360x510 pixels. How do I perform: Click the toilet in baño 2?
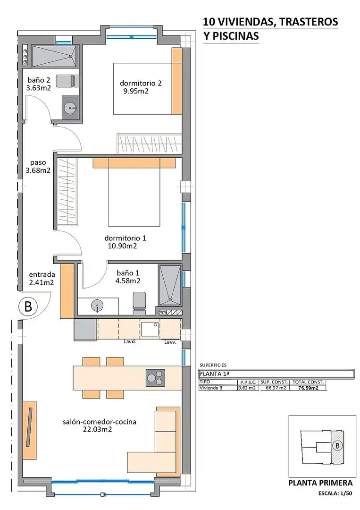click(x=67, y=81)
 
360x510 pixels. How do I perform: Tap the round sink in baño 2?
click(x=70, y=107)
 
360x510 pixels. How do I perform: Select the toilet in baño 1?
click(x=139, y=303)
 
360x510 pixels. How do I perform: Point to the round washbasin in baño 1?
click(x=97, y=306)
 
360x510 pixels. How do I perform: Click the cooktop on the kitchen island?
click(x=155, y=378)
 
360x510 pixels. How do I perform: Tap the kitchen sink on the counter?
click(x=150, y=329)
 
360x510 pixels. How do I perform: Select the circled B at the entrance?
click(x=28, y=306)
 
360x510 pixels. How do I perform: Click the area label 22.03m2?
click(x=98, y=430)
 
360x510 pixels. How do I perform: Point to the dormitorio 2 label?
click(x=141, y=83)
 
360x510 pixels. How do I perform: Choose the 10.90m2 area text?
click(x=122, y=246)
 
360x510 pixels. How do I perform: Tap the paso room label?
click(x=38, y=162)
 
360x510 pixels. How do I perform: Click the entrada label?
click(x=42, y=274)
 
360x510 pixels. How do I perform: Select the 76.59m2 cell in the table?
click(x=308, y=388)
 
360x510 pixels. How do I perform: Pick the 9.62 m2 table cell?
click(x=247, y=388)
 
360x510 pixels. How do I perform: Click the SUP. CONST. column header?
click(x=274, y=382)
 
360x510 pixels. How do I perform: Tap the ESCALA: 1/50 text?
click(x=335, y=493)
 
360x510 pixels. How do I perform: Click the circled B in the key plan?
click(x=337, y=446)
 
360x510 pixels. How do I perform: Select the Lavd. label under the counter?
click(x=130, y=342)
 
